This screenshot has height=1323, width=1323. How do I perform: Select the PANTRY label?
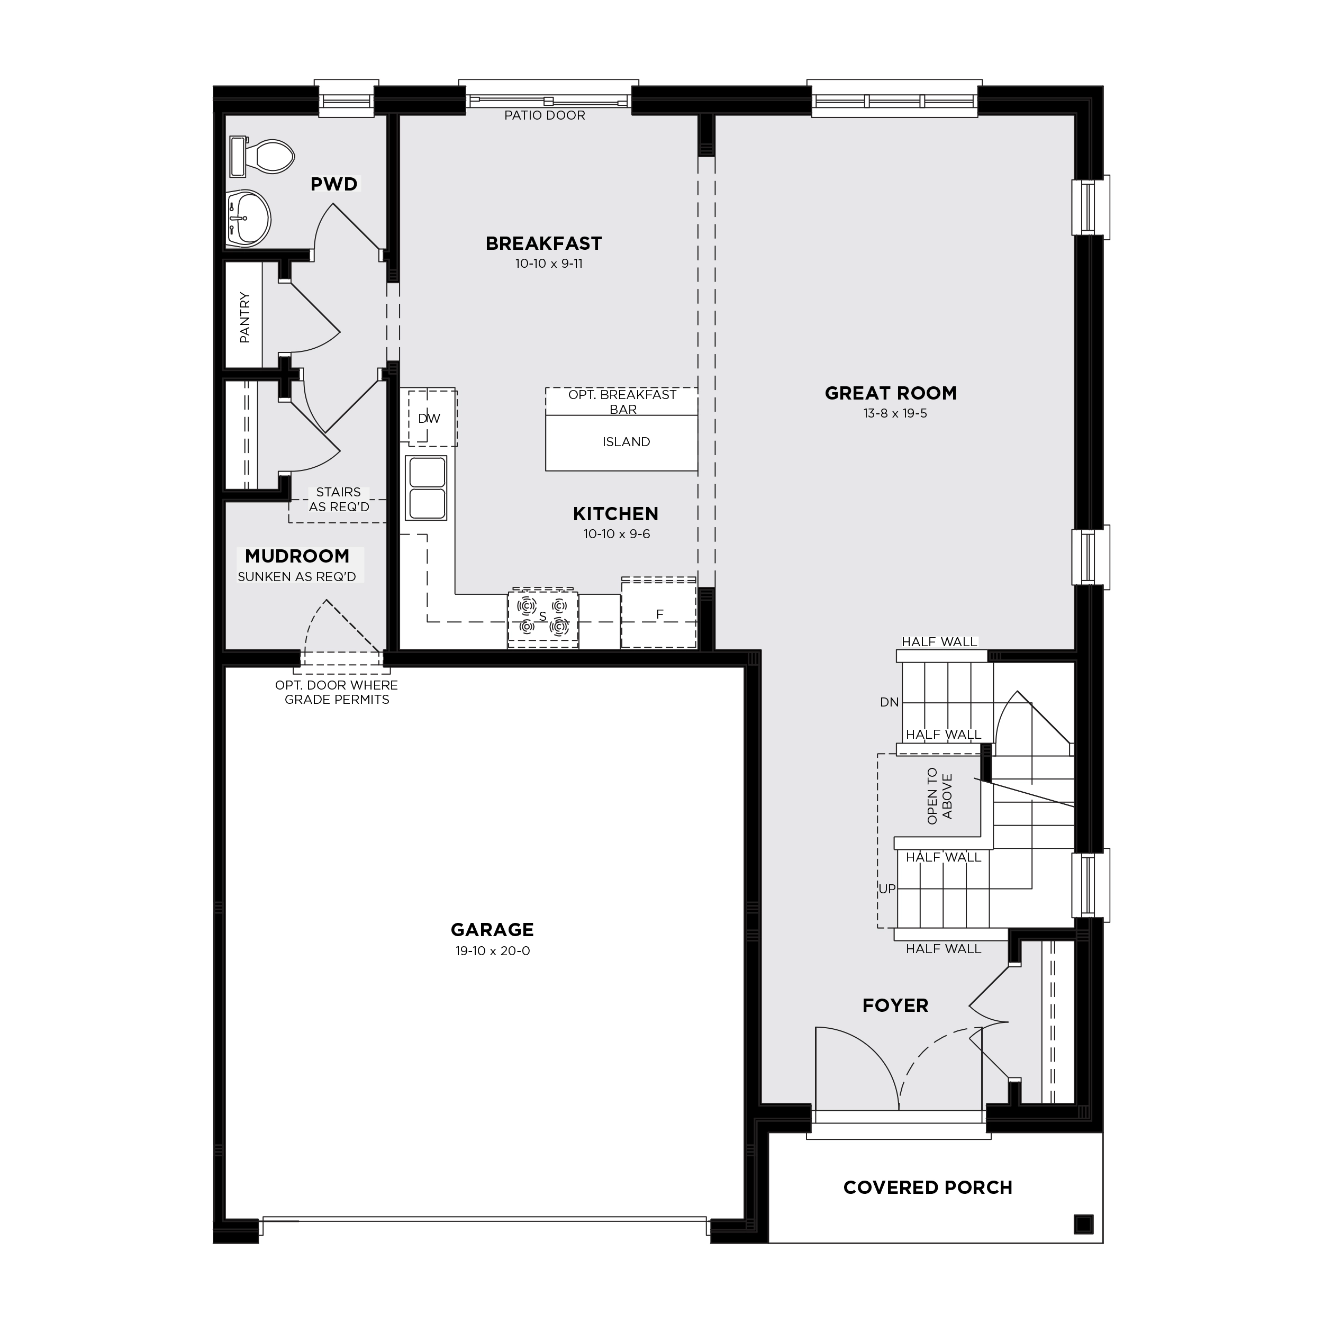[x=244, y=317]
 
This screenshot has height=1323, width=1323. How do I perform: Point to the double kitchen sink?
[x=426, y=487]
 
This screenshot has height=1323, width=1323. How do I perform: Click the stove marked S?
[x=543, y=617]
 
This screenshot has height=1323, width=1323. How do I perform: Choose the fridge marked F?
[x=659, y=613]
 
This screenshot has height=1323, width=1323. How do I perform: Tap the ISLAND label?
[x=627, y=442]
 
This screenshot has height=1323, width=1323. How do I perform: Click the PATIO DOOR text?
[x=545, y=115]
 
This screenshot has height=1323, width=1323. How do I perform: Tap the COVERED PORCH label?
[x=928, y=1188]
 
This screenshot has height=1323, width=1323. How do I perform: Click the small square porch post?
[x=1083, y=1224]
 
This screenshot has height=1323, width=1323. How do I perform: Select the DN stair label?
[x=890, y=702]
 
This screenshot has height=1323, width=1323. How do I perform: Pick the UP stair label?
[x=887, y=889]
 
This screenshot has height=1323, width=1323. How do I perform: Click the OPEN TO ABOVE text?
[x=939, y=796]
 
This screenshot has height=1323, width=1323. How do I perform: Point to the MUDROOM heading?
[x=297, y=556]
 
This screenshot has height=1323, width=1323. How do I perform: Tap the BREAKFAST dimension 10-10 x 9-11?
[x=549, y=263]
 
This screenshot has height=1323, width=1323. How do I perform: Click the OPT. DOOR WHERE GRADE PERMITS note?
[x=336, y=692]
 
